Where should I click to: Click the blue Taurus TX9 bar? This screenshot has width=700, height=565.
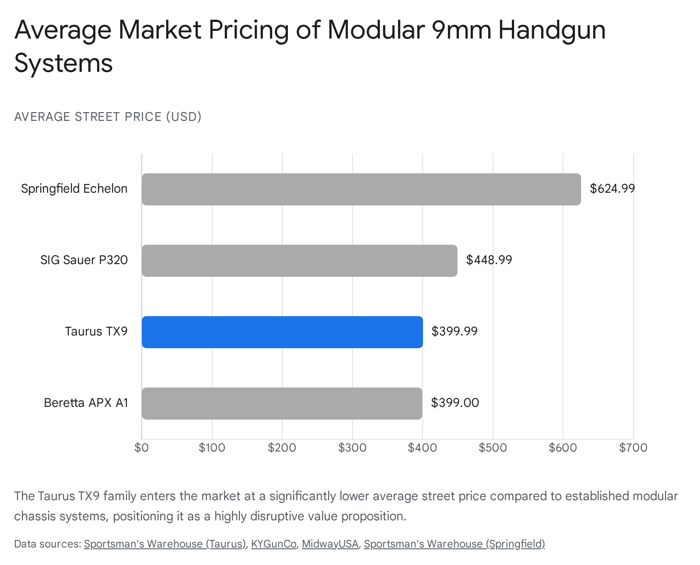(x=282, y=332)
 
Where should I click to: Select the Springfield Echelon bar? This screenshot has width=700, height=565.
(x=361, y=189)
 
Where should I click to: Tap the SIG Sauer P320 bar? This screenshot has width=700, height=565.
(x=299, y=261)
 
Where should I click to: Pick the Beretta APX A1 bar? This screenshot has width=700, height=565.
(x=282, y=403)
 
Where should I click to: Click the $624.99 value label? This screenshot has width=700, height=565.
(x=612, y=189)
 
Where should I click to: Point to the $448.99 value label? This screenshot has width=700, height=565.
(x=489, y=260)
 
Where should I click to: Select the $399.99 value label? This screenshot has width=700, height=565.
(x=454, y=331)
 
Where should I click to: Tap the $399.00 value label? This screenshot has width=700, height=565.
(x=455, y=403)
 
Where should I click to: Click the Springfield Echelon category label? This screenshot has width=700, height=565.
(x=74, y=189)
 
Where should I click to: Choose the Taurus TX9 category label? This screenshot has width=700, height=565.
(x=96, y=331)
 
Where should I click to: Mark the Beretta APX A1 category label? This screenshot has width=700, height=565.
(x=86, y=403)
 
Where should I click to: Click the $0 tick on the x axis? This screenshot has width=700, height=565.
(x=142, y=448)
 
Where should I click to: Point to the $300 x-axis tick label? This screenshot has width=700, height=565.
(x=352, y=448)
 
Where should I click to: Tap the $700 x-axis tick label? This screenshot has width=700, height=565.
(x=633, y=448)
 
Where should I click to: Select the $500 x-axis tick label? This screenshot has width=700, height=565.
(x=493, y=448)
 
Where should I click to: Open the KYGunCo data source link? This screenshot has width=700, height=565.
(x=273, y=544)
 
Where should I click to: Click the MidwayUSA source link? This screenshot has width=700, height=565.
(x=330, y=544)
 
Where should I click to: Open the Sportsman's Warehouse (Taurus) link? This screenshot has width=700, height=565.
(x=164, y=544)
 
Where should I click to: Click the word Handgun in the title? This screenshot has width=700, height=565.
(x=552, y=30)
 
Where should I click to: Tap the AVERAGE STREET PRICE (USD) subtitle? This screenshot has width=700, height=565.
(x=108, y=117)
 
